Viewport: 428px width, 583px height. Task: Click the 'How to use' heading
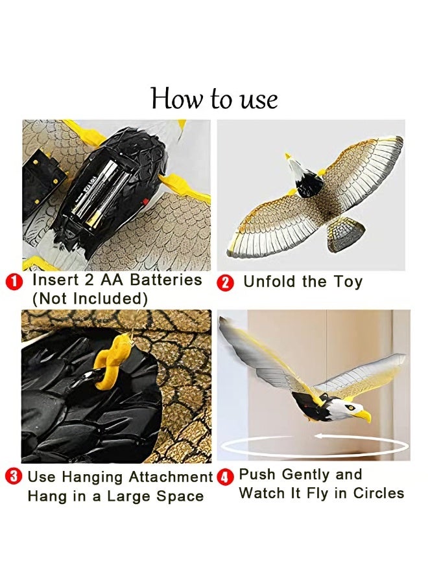(x=214, y=99)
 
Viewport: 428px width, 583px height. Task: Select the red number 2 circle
(x=226, y=282)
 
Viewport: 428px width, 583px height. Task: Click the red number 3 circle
(x=13, y=477)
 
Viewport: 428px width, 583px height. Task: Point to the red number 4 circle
(x=225, y=478)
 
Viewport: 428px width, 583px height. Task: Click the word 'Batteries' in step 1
(x=167, y=280)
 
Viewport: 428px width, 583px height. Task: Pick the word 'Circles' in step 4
(x=379, y=493)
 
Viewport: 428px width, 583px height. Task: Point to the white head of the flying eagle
(x=346, y=409)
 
